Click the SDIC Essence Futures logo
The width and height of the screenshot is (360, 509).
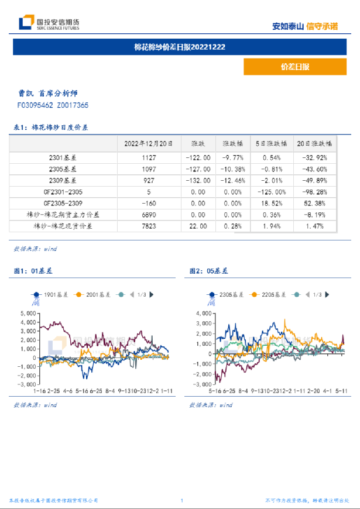(49, 23)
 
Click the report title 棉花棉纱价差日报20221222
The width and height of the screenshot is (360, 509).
(180, 47)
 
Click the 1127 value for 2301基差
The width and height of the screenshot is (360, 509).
(149, 157)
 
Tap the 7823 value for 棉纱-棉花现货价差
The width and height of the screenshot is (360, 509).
(149, 226)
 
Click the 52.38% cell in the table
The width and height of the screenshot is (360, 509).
(316, 203)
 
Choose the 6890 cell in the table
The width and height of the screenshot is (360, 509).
(149, 215)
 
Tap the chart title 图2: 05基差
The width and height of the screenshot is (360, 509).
(208, 271)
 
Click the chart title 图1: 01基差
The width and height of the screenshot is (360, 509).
(33, 271)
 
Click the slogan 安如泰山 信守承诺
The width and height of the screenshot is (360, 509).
(306, 26)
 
